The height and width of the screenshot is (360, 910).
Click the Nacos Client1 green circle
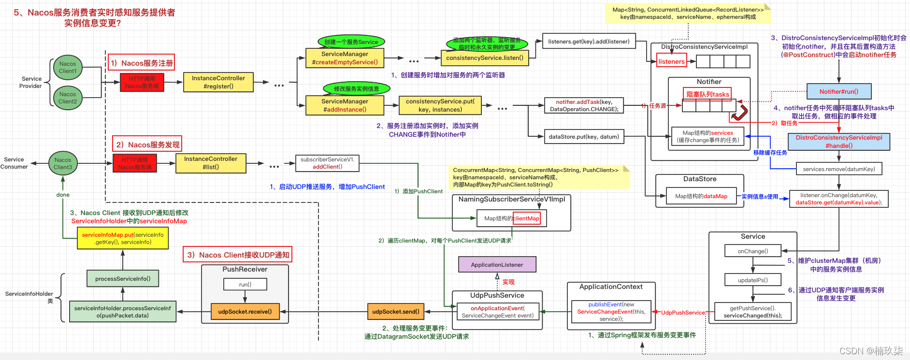[x=68, y=68]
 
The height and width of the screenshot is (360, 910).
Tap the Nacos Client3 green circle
[x=63, y=163]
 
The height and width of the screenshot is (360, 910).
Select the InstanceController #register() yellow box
[x=218, y=82]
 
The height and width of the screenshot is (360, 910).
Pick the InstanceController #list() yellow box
[x=211, y=163]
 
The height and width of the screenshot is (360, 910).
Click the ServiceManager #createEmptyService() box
[x=345, y=58]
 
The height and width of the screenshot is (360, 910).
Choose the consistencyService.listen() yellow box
[x=485, y=58]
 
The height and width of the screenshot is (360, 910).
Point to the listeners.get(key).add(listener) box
[x=589, y=42]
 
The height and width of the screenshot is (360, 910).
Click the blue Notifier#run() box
[x=838, y=91]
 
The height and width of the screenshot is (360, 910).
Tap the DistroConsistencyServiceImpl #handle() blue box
[x=839, y=142]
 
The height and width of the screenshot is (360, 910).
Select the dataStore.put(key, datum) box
[x=584, y=137]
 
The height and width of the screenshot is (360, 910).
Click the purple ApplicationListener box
[x=497, y=265]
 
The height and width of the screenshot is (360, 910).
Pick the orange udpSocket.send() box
[x=396, y=312]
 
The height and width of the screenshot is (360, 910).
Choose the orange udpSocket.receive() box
[x=245, y=312]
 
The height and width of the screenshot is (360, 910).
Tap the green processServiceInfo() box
[x=123, y=279]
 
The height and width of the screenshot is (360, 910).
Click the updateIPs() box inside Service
[x=752, y=280]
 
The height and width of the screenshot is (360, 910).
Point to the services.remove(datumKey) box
[x=839, y=169]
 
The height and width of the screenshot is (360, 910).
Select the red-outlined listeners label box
[x=672, y=61]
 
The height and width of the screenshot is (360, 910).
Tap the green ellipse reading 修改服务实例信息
[x=356, y=89]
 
